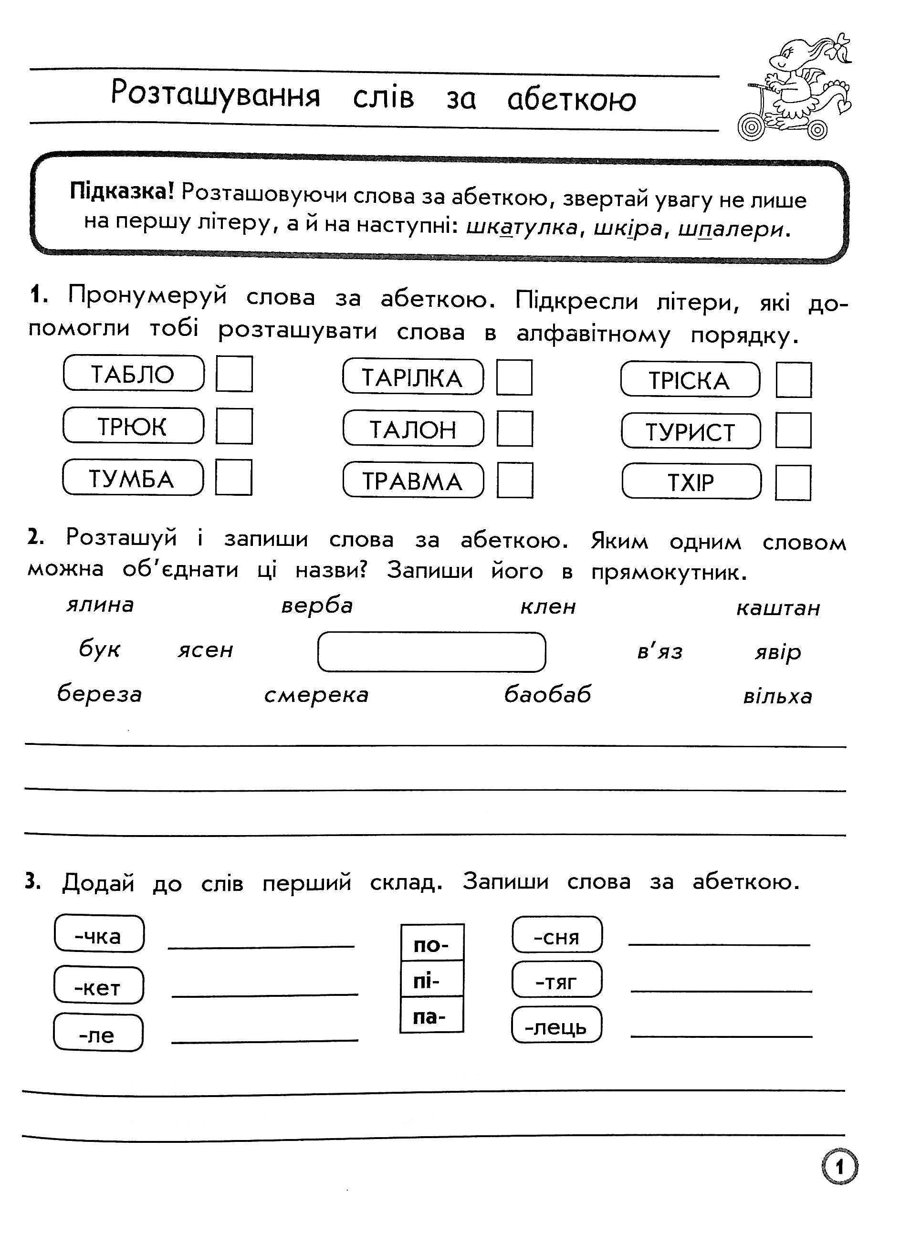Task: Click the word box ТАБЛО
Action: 134,374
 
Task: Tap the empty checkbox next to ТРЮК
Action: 234,426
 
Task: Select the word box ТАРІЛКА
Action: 412,377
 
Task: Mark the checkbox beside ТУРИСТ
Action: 793,430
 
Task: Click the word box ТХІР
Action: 691,481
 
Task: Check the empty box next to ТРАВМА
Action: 515,480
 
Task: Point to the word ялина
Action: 100,605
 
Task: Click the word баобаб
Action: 547,694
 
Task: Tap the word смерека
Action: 316,695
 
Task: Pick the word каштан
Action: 778,607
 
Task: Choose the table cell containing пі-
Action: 431,981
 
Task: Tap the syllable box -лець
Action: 556,1026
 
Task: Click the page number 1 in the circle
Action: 839,1166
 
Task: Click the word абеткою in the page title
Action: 572,100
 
